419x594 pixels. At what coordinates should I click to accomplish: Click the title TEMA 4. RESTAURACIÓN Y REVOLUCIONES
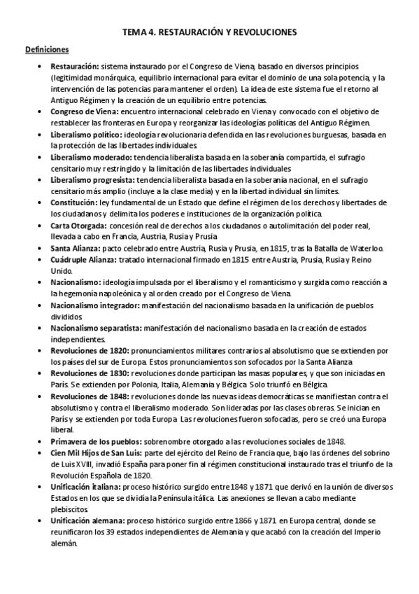tap(210, 32)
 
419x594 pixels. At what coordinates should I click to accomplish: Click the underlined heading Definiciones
tap(47, 49)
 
